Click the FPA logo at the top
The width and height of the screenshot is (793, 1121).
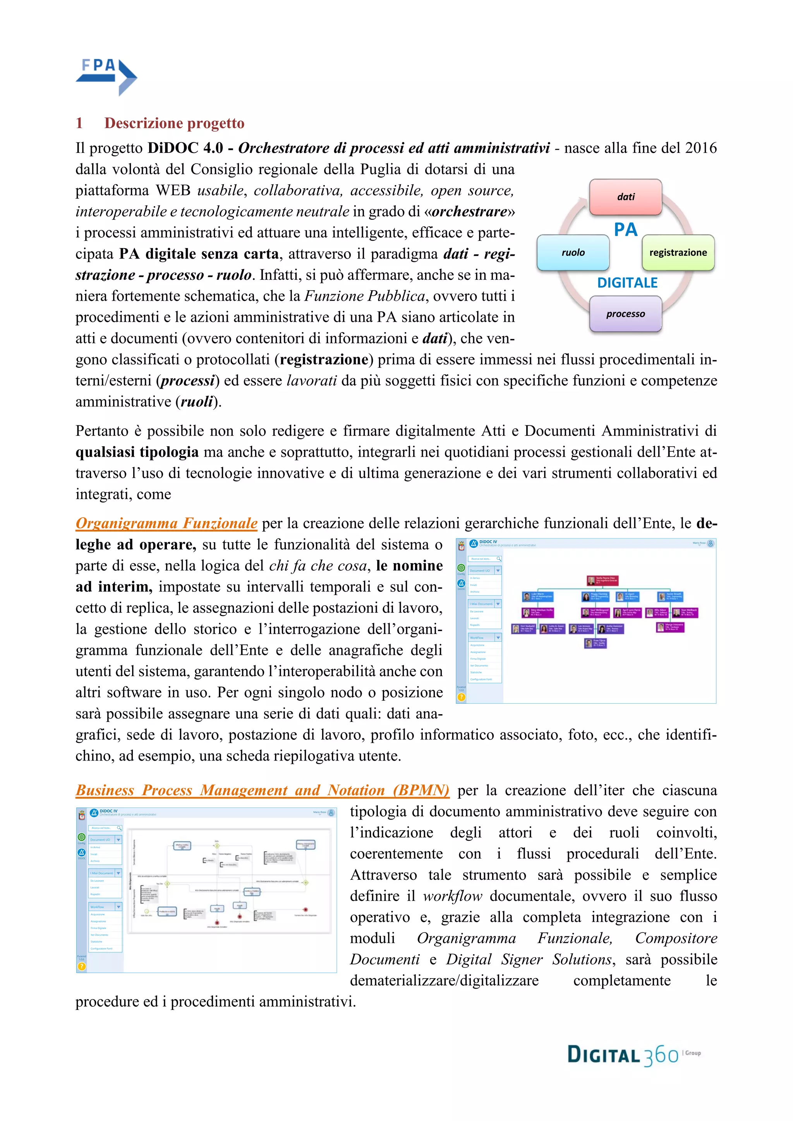[x=106, y=76]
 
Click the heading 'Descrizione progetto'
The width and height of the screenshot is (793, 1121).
[x=174, y=123]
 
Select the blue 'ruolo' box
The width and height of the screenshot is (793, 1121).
[x=573, y=253]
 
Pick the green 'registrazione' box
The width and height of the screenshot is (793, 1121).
[x=678, y=253]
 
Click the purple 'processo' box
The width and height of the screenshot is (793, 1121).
[x=625, y=314]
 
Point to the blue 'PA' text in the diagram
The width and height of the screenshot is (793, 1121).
[x=625, y=230]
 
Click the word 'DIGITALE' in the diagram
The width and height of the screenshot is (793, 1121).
[x=627, y=283]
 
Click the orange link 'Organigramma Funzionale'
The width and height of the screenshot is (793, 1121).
[x=166, y=523]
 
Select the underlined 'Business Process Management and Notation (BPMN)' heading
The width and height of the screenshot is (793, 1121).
[x=262, y=790]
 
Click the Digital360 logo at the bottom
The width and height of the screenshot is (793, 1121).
[x=633, y=1056]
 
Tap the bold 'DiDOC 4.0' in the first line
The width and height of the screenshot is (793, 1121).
[x=185, y=148]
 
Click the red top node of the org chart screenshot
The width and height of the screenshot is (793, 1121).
[x=602, y=580]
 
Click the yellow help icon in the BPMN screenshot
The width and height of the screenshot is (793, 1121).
[x=82, y=966]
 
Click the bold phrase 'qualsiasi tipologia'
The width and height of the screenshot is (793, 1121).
[x=137, y=452]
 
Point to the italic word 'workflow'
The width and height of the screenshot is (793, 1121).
[x=452, y=896]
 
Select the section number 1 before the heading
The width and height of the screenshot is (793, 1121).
[x=79, y=123]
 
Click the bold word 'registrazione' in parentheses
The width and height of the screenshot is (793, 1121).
[x=324, y=360]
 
